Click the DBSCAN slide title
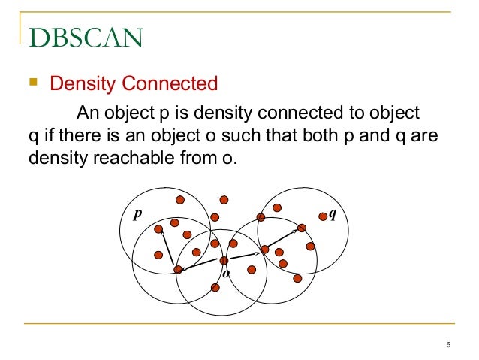pos(86,35)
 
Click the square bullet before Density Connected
pos(34,82)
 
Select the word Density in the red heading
pos(81,83)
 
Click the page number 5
pos(448,345)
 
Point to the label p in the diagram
pos(137,213)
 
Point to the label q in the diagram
pos(332,214)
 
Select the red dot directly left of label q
pos(322,215)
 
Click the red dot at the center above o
pos(224,260)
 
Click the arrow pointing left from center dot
pos(198,265)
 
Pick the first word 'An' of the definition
pos(88,113)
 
